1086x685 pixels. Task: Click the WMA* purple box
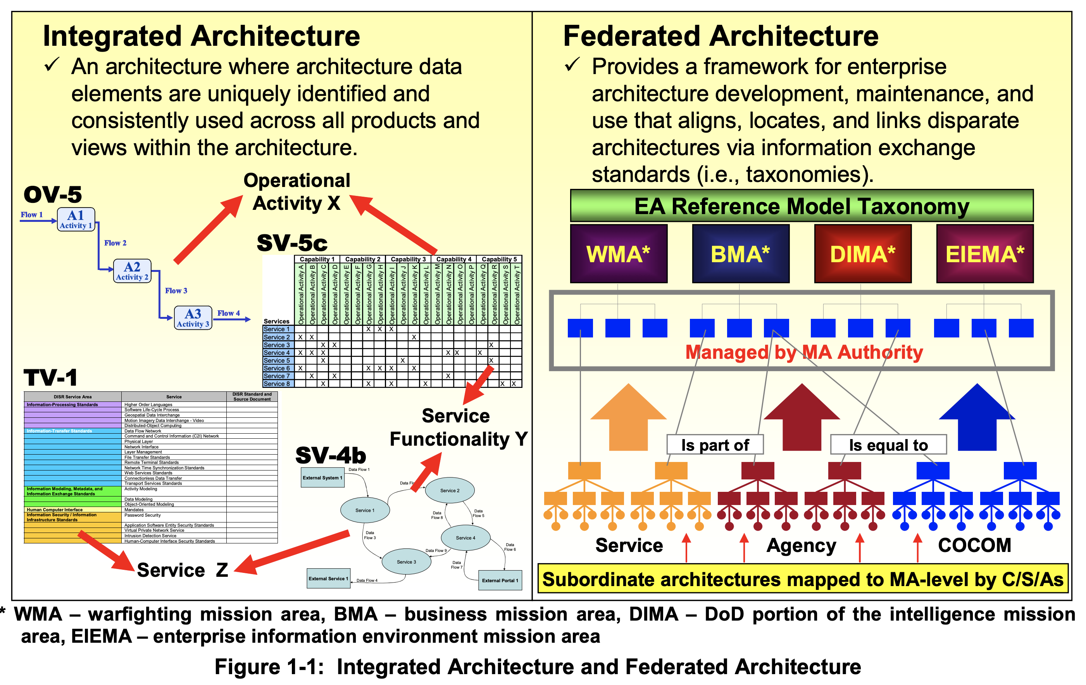point(618,254)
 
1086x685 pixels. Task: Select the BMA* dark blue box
point(740,254)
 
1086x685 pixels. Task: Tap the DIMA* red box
point(862,254)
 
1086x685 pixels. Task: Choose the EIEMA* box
point(984,254)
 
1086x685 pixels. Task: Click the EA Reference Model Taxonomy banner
point(802,206)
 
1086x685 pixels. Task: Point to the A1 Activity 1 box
point(76,219)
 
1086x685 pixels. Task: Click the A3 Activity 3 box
point(193,318)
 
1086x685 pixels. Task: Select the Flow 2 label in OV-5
point(115,243)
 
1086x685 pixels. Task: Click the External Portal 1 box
point(500,580)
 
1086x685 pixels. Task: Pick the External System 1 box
point(322,477)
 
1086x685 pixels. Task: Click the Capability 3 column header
point(408,259)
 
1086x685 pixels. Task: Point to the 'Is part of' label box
point(715,445)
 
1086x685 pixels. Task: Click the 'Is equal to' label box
point(888,445)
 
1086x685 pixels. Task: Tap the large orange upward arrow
point(628,417)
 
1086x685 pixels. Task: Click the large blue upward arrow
point(977,417)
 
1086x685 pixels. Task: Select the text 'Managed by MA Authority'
point(804,352)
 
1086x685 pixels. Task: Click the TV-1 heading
point(50,377)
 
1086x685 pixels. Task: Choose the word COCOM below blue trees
point(974,545)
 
